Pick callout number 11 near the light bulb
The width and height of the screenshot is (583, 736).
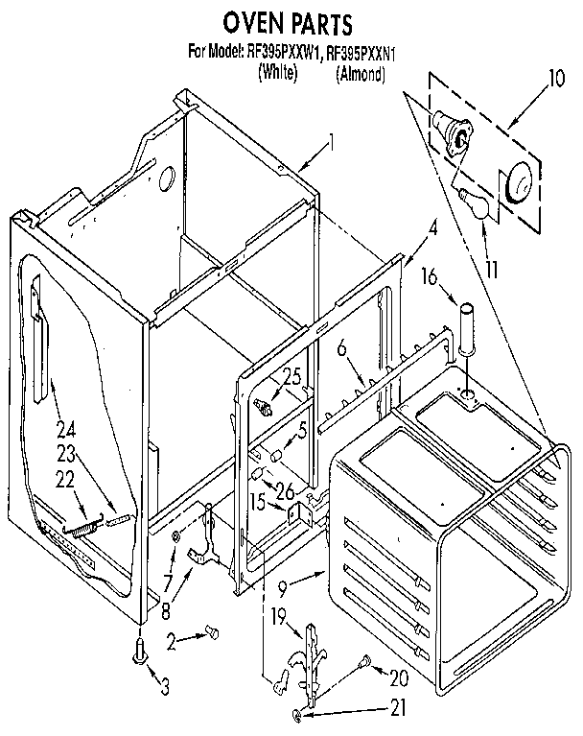pyautogui.click(x=491, y=271)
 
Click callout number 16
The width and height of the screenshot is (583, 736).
pyautogui.click(x=429, y=277)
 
